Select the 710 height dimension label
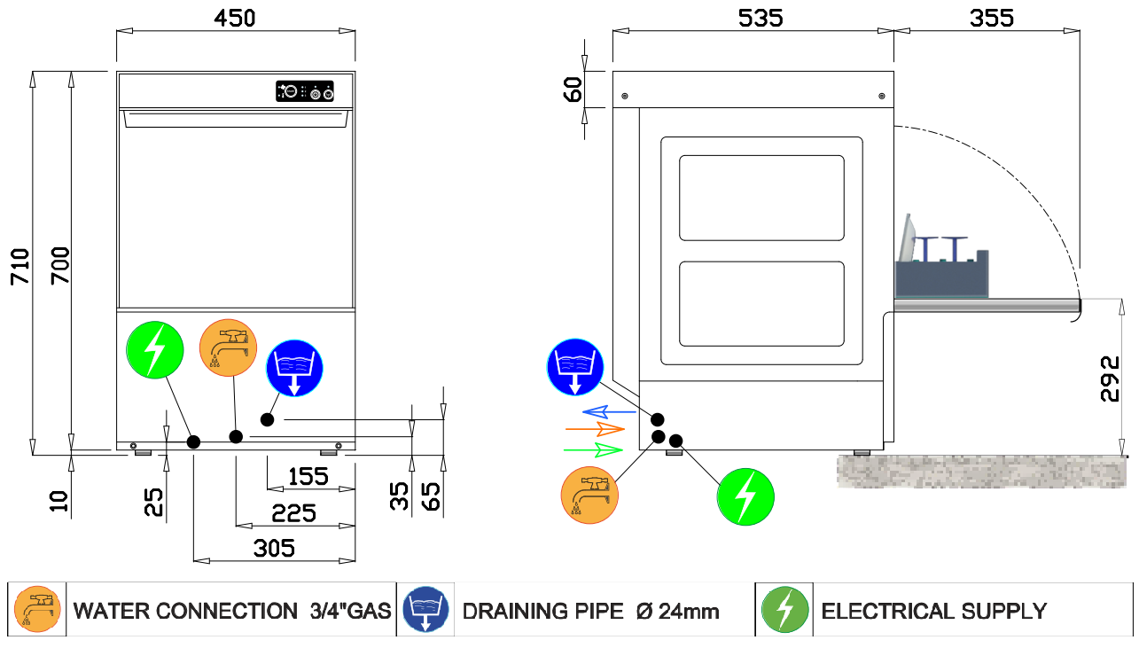tap(20, 267)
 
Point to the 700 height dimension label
tap(59, 267)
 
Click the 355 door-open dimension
tap(991, 18)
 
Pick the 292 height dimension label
tap(1110, 379)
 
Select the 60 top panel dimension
tap(573, 90)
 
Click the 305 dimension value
tap(274, 549)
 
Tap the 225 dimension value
tap(294, 513)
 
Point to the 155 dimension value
tap(308, 477)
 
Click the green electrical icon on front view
tap(154, 350)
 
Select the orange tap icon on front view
tap(229, 347)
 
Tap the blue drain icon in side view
tap(574, 366)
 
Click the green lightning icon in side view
tap(745, 497)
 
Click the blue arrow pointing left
tap(609, 411)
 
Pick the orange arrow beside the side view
tap(595, 430)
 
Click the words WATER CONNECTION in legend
tap(185, 611)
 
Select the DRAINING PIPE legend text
tap(543, 611)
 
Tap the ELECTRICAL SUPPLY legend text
tap(934, 611)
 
